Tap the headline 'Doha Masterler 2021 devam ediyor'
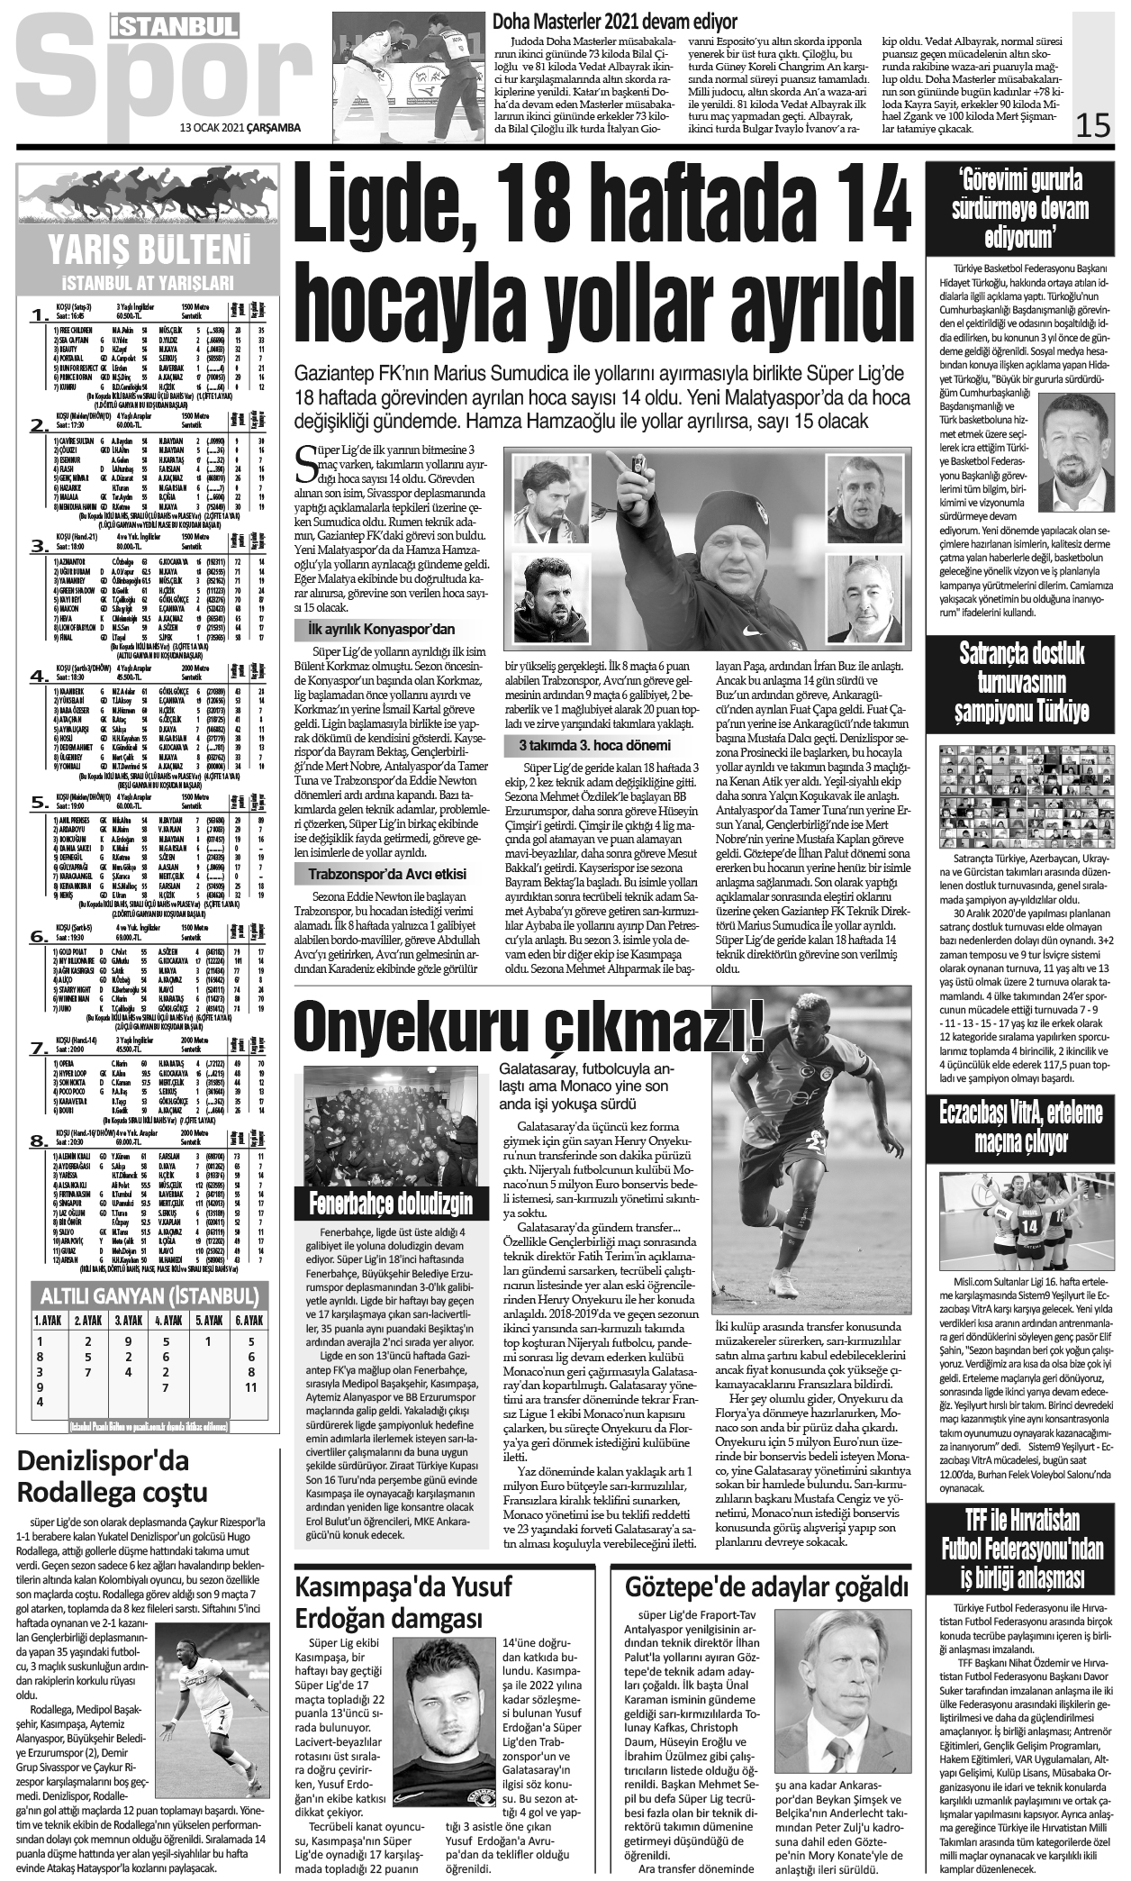pyautogui.click(x=614, y=22)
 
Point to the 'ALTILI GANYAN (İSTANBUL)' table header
pyautogui.click(x=149, y=1296)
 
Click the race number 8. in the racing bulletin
pyautogui.click(x=39, y=1141)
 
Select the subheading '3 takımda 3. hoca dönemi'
pyautogui.click(x=594, y=745)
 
